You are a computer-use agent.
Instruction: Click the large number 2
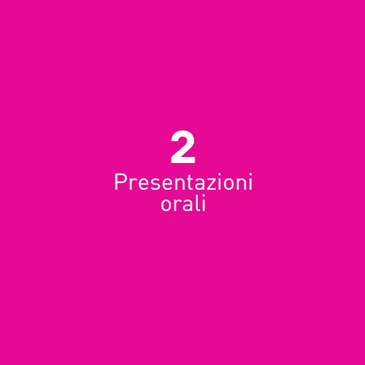coord(182,147)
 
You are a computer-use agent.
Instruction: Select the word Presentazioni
coord(184,182)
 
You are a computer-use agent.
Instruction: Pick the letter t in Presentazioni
coord(190,182)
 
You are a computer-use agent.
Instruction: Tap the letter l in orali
coord(196,203)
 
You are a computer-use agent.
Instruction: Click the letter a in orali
coord(187,206)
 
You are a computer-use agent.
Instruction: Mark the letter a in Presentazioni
coord(201,184)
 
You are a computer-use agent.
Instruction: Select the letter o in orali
coord(166,206)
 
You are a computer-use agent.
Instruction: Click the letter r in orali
coord(176,206)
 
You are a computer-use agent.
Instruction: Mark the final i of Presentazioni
coord(251,182)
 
